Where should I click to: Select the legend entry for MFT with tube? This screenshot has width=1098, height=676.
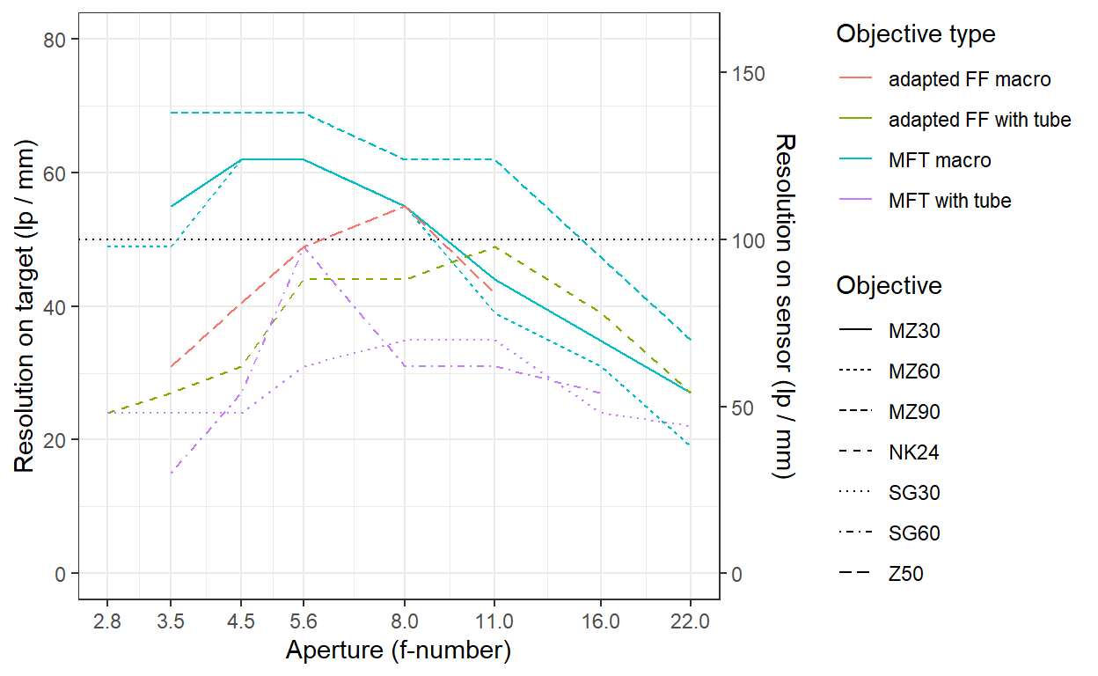click(x=949, y=201)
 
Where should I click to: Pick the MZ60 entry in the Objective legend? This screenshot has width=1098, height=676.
click(x=914, y=371)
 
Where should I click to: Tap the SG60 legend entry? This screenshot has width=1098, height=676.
click(x=914, y=533)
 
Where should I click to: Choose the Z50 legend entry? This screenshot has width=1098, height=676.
click(x=906, y=575)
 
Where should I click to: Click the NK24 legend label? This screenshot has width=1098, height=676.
click(x=913, y=453)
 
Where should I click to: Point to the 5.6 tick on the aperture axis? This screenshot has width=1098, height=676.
click(x=304, y=621)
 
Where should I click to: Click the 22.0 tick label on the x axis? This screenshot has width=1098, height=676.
click(x=689, y=621)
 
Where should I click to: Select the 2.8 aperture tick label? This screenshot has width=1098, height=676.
click(x=106, y=621)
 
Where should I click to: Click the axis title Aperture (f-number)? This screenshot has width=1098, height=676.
click(x=398, y=651)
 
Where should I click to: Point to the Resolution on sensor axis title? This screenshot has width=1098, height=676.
click(x=783, y=306)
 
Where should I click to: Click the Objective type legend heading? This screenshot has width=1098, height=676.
click(x=916, y=34)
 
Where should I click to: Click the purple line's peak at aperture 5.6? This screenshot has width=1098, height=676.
click(x=304, y=247)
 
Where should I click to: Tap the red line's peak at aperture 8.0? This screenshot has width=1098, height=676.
click(x=404, y=207)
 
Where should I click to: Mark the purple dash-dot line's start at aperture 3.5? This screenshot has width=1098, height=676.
click(x=171, y=474)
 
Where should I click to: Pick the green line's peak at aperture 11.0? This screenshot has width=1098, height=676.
click(x=494, y=246)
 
